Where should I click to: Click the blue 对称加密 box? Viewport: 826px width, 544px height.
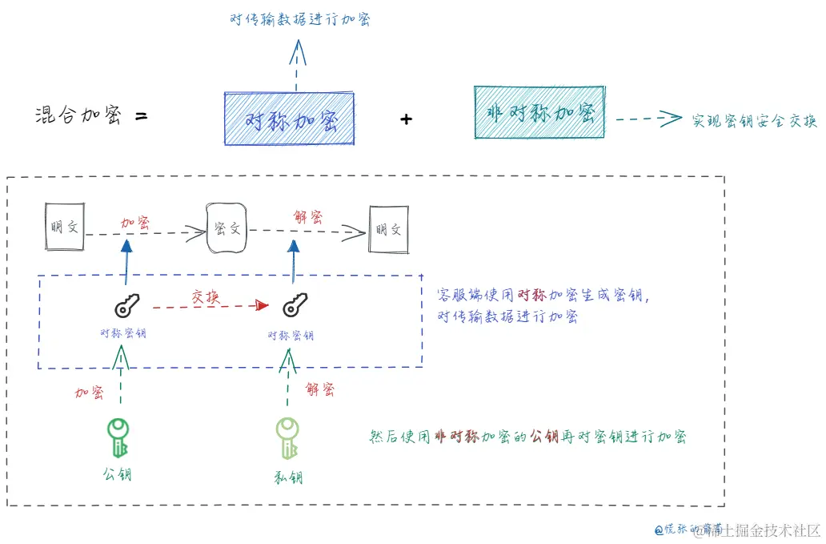[289, 119]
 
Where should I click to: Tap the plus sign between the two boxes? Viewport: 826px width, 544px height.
[406, 119]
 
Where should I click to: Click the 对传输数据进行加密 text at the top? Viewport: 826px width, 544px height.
[299, 20]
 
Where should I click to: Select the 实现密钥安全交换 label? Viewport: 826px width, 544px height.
[754, 120]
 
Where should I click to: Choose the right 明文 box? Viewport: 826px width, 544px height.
[388, 229]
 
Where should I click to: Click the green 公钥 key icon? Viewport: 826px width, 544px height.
[119, 437]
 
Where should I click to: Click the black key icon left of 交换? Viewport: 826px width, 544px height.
[126, 305]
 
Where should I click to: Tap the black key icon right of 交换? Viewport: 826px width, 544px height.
[295, 304]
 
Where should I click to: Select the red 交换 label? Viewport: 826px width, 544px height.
[205, 296]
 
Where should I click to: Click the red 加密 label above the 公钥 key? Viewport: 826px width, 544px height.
[90, 392]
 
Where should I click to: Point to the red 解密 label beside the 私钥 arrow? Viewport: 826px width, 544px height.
[320, 389]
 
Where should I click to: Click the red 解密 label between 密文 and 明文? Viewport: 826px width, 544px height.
[308, 217]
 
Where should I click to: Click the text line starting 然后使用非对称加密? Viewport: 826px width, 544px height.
[527, 437]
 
